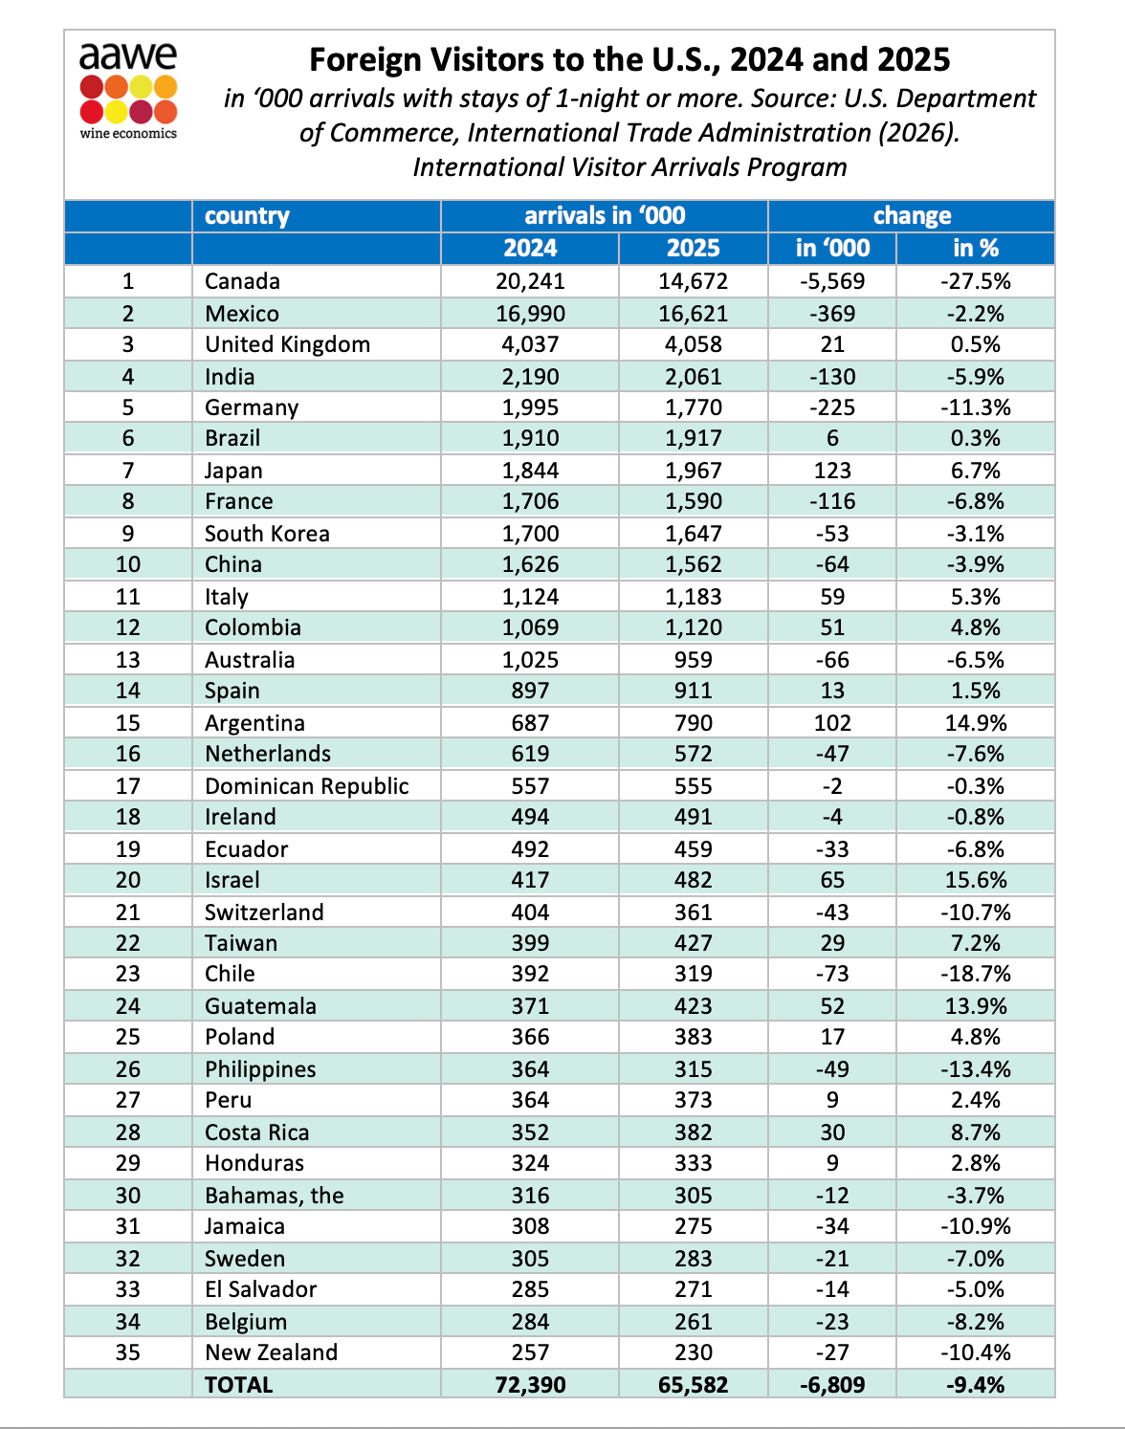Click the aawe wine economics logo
128,91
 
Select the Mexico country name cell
242,314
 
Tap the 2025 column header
693,248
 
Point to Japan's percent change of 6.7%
976,471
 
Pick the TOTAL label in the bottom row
239,1385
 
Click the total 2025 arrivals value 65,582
693,1385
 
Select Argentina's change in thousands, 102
832,723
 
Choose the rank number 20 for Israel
127,880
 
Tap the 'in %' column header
976,248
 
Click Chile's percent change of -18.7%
976,974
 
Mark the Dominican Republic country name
306,786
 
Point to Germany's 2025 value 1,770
693,407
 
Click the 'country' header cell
247,216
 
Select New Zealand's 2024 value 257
530,1352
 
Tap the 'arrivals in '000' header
605,216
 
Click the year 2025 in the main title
913,60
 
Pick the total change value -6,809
832,1385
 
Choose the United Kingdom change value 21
832,344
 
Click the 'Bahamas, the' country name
274,1196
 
